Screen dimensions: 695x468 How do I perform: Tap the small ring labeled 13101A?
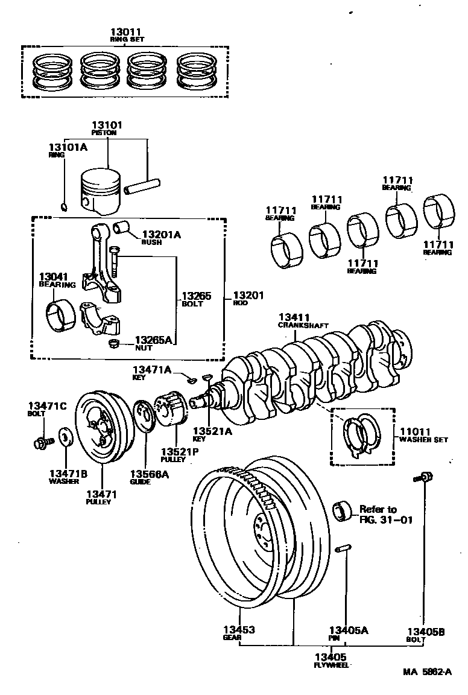tap(65, 208)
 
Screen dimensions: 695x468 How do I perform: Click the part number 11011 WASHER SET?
tap(414, 432)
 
